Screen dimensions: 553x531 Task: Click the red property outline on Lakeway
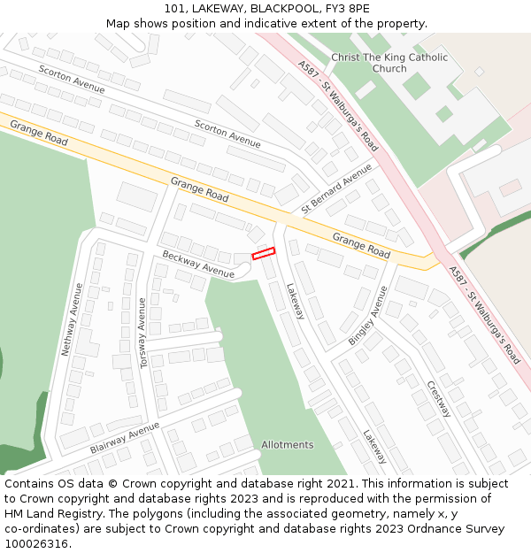coord(264,254)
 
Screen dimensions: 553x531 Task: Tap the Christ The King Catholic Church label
coord(389,63)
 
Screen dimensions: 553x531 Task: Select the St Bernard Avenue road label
coord(336,188)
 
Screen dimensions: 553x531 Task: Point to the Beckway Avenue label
coord(198,265)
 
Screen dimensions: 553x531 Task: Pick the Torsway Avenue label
coord(142,333)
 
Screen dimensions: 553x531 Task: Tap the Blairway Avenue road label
coord(124,437)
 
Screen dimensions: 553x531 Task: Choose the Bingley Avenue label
coord(367,315)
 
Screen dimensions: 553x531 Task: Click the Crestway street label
coord(439,399)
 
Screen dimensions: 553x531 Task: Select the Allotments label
coord(287,444)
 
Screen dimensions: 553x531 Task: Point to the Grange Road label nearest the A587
coord(361,245)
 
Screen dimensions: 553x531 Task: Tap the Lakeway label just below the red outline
coord(295,301)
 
